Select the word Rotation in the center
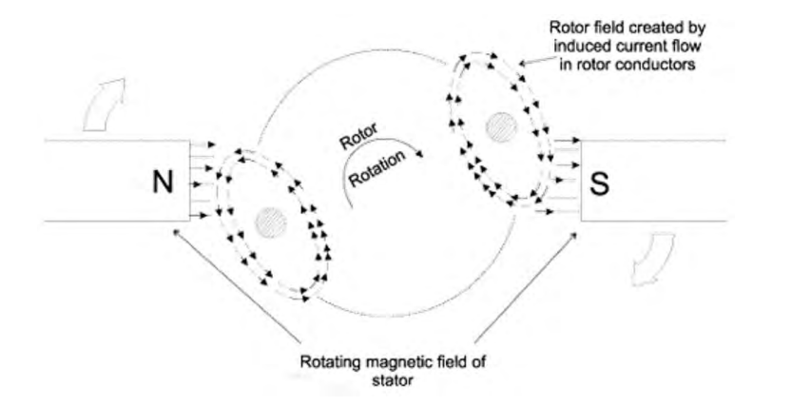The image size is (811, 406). coord(377,170)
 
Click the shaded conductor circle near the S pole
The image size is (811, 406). coord(501,125)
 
